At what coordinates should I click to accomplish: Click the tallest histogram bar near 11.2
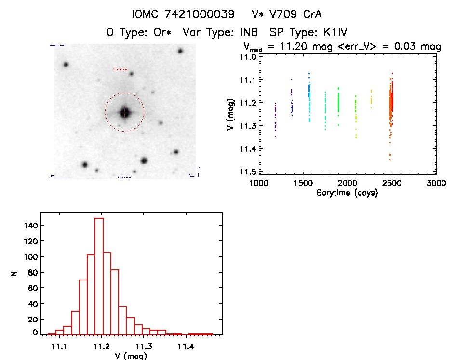click(99, 275)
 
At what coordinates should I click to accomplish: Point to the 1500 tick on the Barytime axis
click(303, 183)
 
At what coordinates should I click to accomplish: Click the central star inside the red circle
click(125, 112)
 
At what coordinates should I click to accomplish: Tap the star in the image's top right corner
click(180, 51)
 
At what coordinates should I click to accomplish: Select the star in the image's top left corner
click(66, 65)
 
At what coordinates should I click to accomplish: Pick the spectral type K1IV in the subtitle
click(329, 33)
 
